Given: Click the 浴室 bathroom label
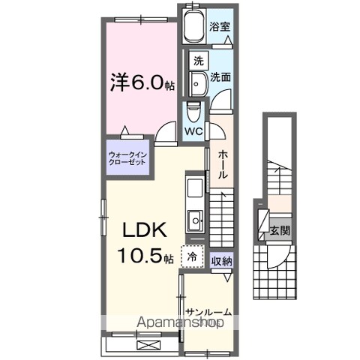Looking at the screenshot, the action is point(220,27).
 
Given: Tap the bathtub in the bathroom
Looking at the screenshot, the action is point(193,25).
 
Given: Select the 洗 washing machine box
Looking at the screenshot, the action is point(199,61).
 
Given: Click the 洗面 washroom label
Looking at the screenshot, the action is point(220,77).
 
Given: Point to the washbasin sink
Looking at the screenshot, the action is point(198,84).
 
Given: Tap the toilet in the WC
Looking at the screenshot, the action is point(193,111).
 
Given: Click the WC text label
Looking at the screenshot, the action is point(193,131).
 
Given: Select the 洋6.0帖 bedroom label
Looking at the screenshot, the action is point(142,82).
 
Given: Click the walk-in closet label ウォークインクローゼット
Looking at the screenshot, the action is point(127,158).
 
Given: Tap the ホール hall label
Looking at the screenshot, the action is point(222,164).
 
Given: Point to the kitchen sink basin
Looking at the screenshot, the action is point(195,220).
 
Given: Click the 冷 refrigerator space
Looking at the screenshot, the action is point(192,256).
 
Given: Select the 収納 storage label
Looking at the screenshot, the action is point(222,262).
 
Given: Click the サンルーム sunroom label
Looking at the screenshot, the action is point(209,312).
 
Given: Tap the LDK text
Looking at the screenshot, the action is point(145,230).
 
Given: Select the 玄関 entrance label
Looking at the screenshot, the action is point(280,230).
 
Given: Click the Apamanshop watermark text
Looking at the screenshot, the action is point(180,322).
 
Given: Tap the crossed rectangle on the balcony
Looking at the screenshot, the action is point(148,346).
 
